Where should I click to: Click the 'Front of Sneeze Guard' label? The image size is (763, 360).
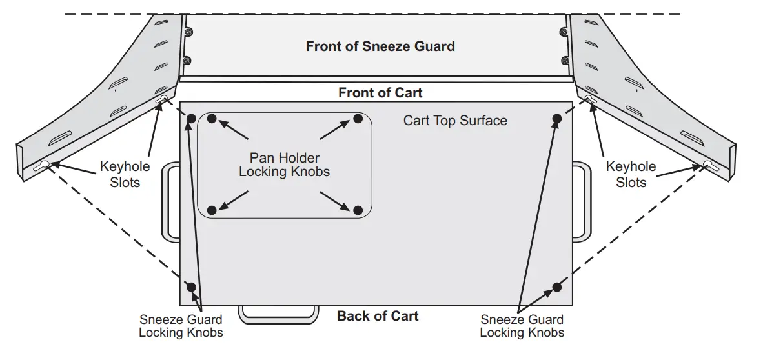click(380, 46)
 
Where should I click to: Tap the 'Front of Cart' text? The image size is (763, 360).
click(380, 93)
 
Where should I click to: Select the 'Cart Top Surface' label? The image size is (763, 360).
click(455, 121)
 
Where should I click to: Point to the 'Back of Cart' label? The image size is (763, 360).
click(378, 316)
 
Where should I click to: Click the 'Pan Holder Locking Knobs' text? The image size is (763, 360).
click(284, 165)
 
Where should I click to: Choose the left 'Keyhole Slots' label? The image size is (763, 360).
click(125, 174)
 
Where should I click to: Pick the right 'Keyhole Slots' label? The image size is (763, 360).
click(631, 174)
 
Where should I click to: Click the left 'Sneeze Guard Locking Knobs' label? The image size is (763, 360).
click(181, 326)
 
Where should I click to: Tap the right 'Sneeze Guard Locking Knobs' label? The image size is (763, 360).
click(522, 326)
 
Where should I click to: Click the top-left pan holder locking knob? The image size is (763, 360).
click(212, 119)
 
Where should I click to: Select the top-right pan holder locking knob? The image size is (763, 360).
click(359, 119)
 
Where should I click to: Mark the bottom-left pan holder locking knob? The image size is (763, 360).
click(212, 210)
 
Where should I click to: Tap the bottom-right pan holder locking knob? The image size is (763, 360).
click(359, 210)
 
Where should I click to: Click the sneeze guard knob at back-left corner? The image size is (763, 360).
click(191, 286)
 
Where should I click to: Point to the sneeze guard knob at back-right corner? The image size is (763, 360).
click(557, 286)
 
